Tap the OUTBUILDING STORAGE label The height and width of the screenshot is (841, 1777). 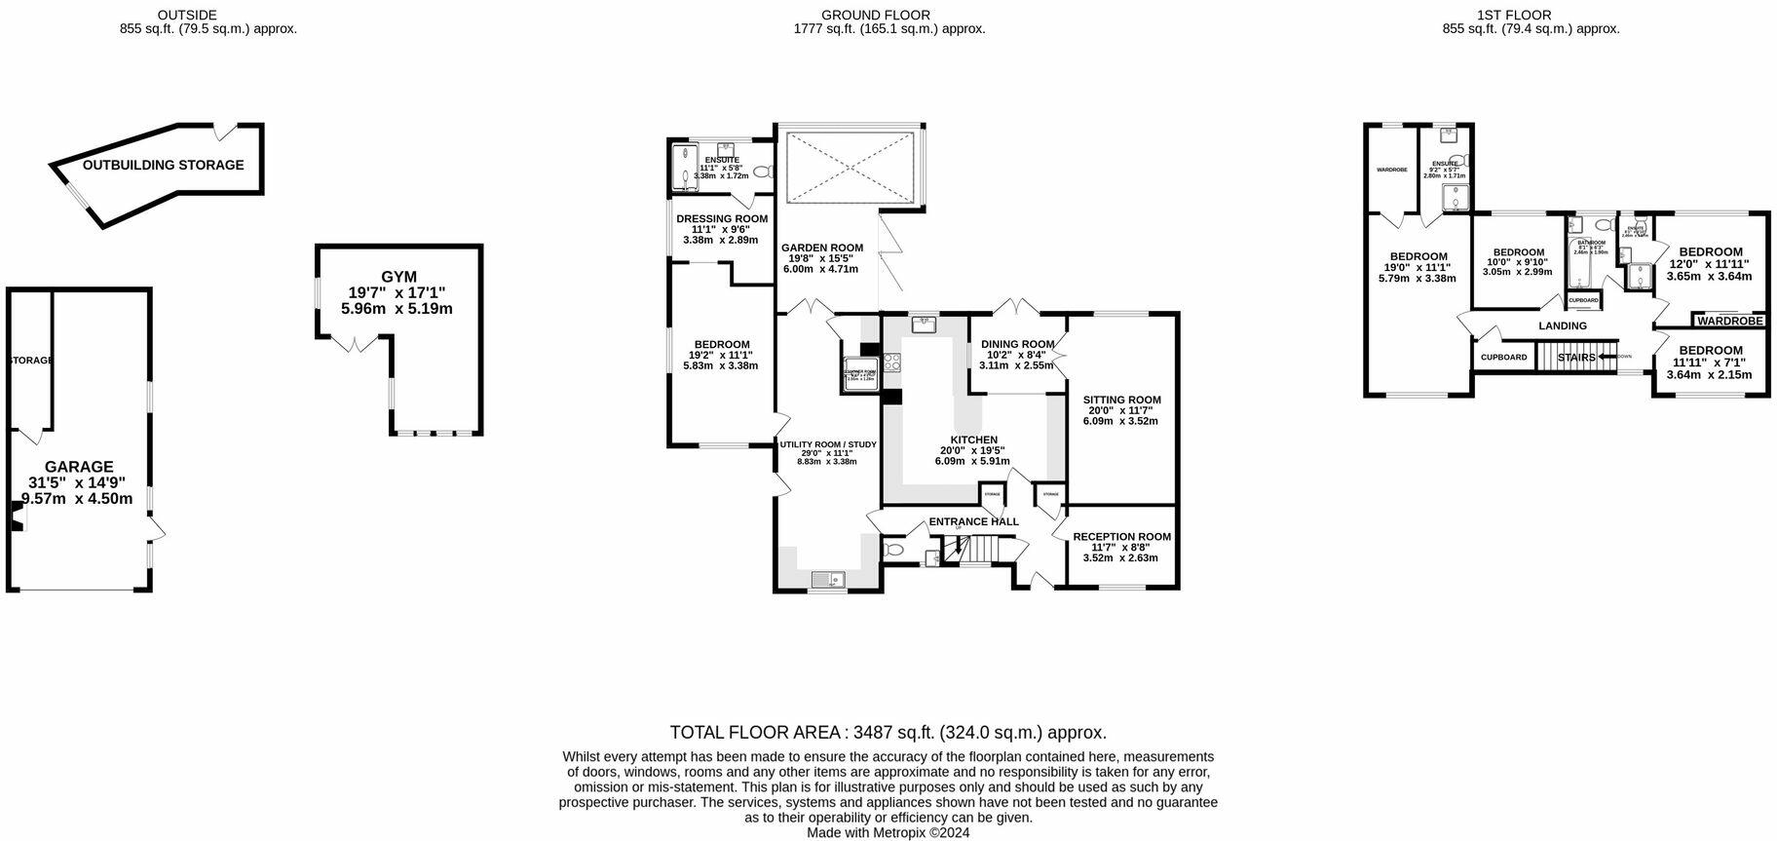pos(163,165)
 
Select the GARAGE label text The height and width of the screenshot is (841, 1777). pos(79,467)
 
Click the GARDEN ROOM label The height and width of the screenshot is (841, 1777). pos(822,248)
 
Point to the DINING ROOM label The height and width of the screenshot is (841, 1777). pos(1017,344)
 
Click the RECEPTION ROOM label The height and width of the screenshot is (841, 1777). pos(1121,537)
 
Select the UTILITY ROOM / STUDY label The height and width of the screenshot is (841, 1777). pos(828,444)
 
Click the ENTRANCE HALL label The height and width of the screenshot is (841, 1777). pos(973,521)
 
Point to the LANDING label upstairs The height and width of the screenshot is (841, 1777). pos(1562,325)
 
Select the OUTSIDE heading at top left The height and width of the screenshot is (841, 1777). pos(186,15)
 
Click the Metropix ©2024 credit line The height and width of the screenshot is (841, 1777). pos(888,833)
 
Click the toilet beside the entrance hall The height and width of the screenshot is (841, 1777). pos(893,551)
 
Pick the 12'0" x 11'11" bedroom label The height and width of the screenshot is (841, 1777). pos(1710,251)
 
